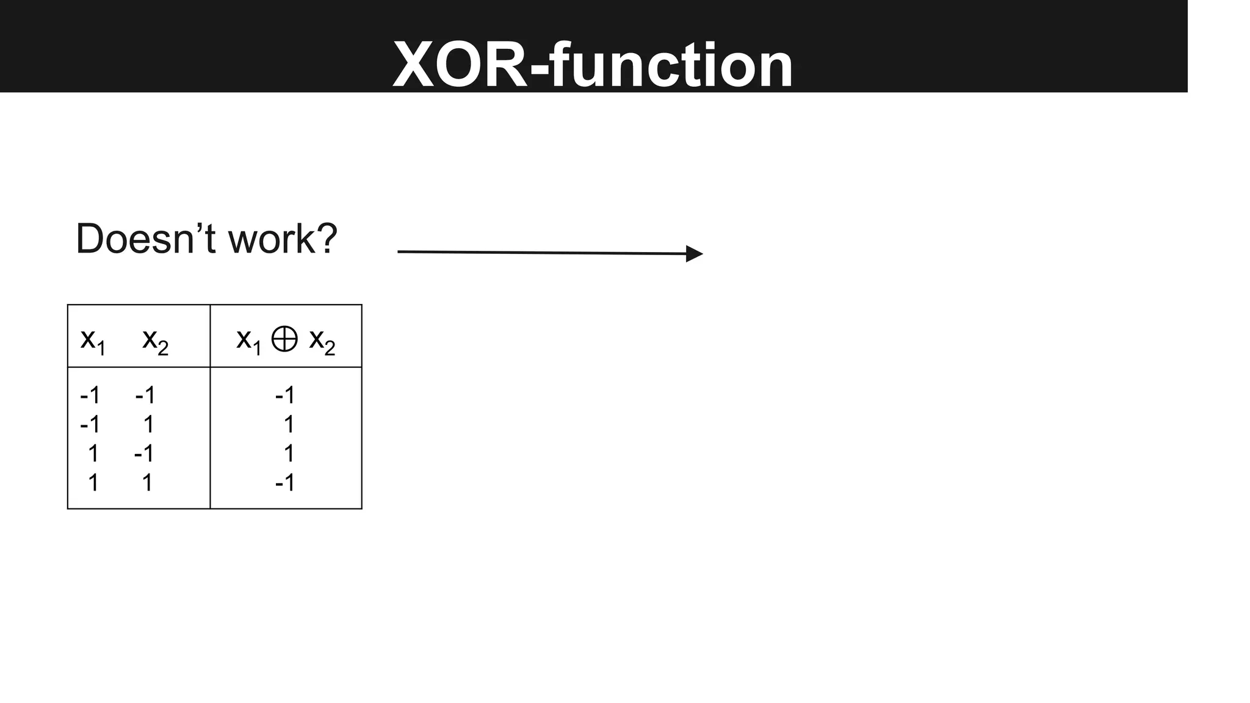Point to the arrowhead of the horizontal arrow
695,253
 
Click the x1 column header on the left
93,340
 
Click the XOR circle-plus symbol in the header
284,339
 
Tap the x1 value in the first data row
90,395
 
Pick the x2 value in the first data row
145,395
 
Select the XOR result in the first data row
285,395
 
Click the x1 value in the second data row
90,425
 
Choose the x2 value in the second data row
148,425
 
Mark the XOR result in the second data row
289,425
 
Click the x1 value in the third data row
93,454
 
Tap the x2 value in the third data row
144,454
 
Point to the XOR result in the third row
289,454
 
